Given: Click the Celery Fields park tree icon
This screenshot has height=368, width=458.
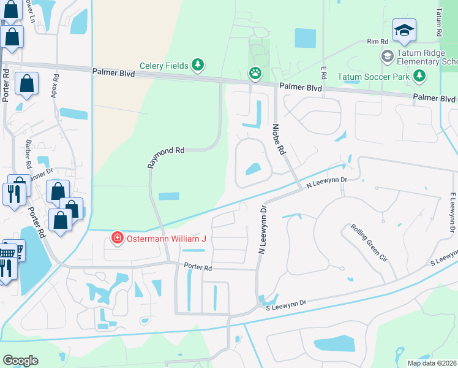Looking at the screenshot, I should point(197,64).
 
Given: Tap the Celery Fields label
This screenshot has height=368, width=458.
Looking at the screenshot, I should point(163,64).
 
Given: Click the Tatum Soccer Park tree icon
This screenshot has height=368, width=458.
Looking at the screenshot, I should point(419,77).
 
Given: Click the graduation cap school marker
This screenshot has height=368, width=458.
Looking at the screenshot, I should point(404,31).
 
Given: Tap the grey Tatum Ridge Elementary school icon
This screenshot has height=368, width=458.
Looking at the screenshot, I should point(387,56).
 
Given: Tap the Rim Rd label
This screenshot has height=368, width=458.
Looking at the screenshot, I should point(378,42).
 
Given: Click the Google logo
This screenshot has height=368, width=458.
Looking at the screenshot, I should point(20,361).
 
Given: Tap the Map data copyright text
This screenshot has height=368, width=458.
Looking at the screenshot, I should point(432,362).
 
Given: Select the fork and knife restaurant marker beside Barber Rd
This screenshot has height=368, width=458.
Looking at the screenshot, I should point(14,194).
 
